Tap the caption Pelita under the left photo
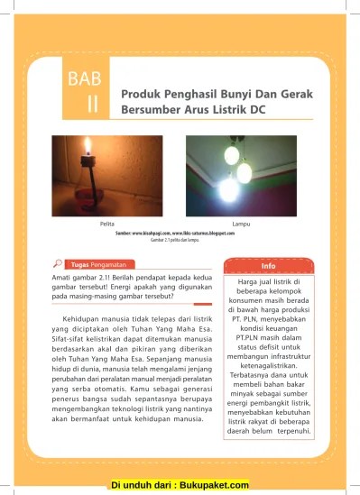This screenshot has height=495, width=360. tap(91, 223)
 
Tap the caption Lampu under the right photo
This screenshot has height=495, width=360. tap(240, 223)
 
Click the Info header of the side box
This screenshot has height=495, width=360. tap(268, 267)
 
